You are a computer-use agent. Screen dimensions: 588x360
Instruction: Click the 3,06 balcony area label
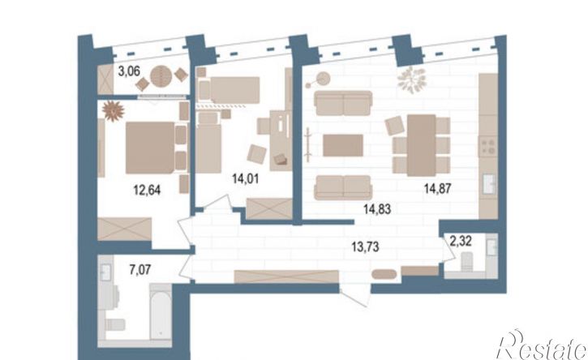tap(130, 71)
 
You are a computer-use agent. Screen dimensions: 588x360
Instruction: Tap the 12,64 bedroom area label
tap(147, 190)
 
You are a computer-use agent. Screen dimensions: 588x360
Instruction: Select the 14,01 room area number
tap(245, 178)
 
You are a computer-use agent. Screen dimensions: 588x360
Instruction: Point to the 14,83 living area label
tap(377, 208)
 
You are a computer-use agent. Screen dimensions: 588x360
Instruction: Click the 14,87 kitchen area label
tap(438, 188)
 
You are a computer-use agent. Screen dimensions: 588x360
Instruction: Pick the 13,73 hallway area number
tap(365, 246)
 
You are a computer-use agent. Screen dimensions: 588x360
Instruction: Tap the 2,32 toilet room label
tap(461, 241)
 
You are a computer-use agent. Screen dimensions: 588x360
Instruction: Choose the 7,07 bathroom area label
tap(140, 269)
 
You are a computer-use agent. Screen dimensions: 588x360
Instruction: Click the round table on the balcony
tap(161, 76)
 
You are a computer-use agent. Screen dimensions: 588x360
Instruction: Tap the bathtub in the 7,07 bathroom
tap(161, 312)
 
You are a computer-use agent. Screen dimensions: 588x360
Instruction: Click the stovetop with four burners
tap(488, 147)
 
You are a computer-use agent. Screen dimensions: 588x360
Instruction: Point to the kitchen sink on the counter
tap(489, 183)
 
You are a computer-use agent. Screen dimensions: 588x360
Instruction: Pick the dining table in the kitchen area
tap(422, 145)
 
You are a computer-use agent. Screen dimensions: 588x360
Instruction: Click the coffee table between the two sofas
tap(343, 145)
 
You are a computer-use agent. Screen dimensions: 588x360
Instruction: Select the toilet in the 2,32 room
tap(466, 261)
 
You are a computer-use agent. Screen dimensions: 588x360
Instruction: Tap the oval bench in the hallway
tap(384, 274)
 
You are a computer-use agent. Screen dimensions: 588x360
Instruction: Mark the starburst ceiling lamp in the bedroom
tap(114, 111)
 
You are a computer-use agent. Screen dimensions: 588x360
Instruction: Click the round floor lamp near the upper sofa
tap(323, 79)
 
